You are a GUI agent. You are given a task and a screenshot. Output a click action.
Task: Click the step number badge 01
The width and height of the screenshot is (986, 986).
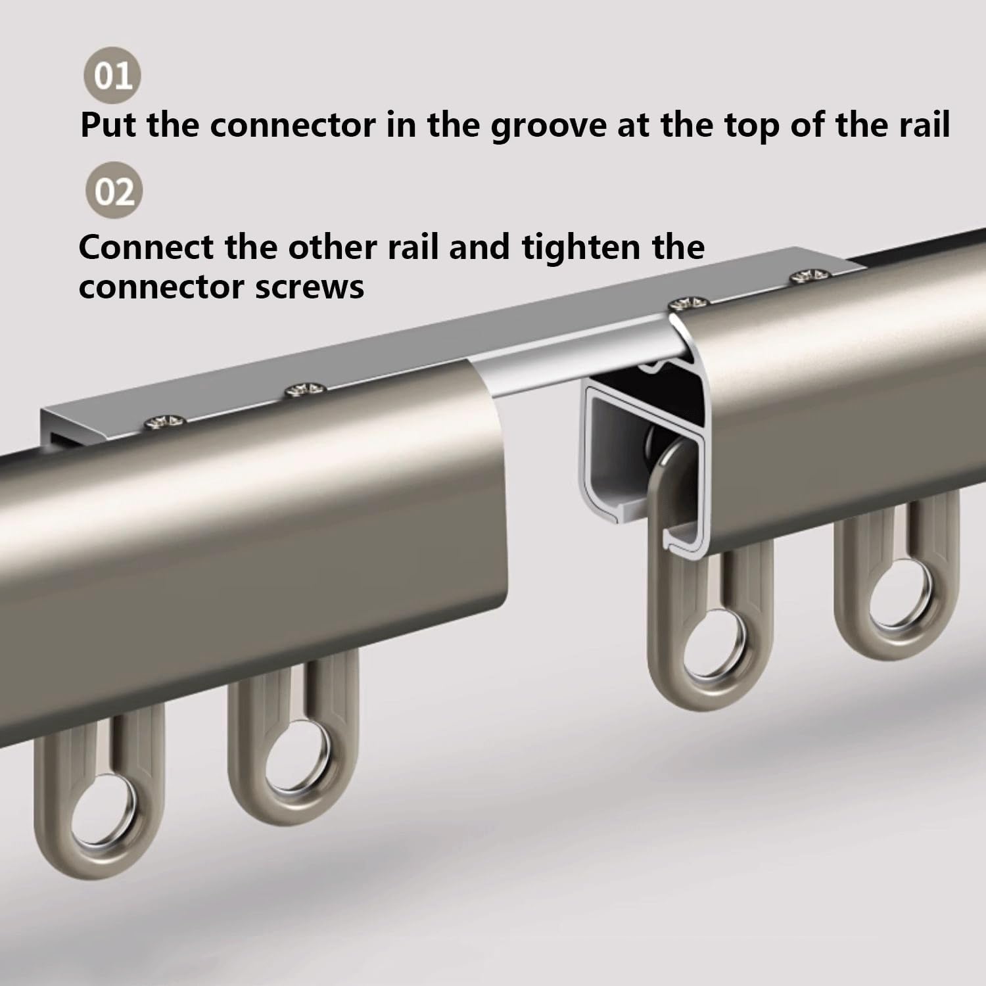[112, 76]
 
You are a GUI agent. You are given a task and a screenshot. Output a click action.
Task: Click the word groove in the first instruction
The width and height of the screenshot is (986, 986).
[548, 125]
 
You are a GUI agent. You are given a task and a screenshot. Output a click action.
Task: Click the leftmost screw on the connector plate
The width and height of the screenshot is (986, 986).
[164, 421]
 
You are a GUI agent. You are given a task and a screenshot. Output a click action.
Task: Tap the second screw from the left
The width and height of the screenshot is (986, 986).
[306, 392]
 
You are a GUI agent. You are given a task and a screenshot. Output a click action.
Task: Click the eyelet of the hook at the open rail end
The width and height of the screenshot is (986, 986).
[713, 658]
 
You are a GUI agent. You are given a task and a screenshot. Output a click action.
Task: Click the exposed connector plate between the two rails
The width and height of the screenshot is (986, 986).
[559, 368]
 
